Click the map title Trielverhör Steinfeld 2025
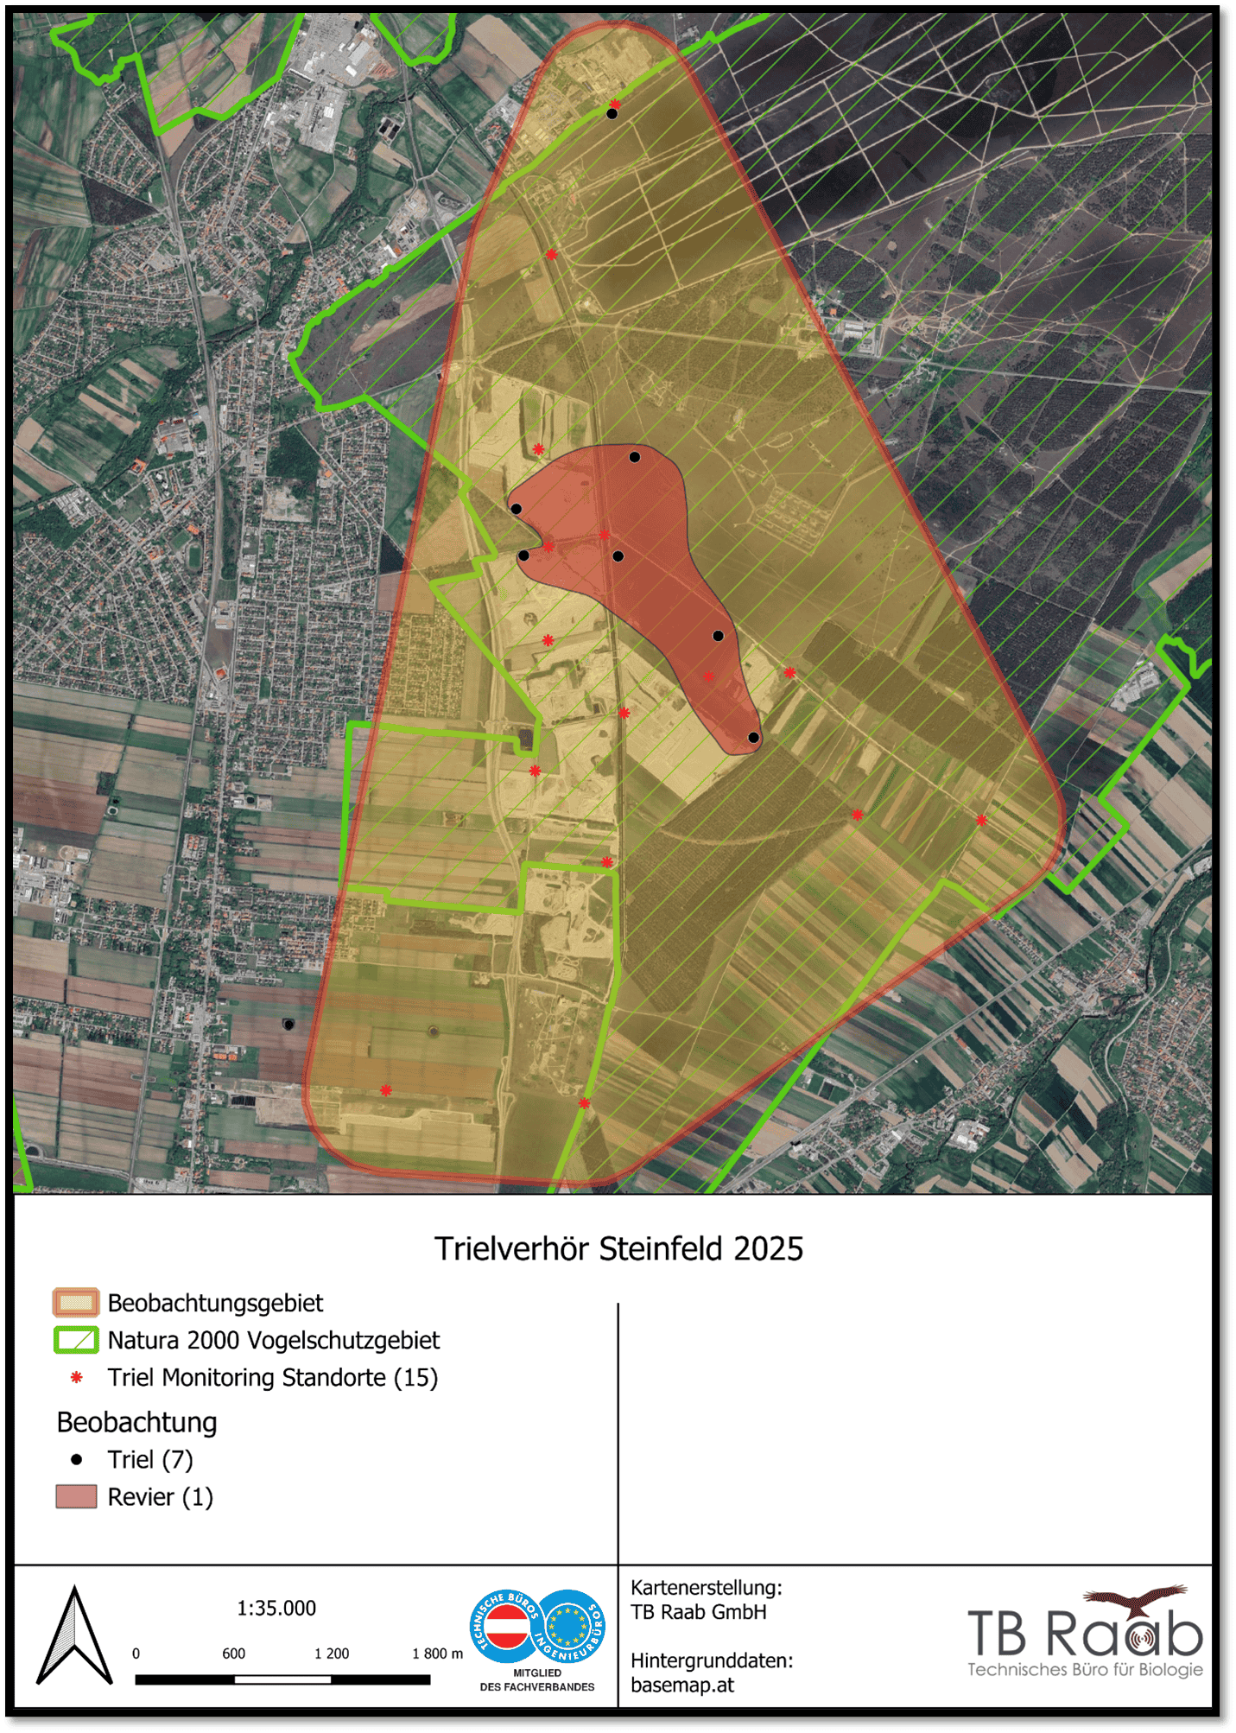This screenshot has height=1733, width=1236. tap(618, 1249)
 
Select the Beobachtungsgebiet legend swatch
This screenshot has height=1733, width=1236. tap(76, 1303)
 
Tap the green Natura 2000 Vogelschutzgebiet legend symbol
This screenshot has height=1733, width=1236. tap(76, 1340)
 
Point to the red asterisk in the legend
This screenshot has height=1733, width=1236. tap(77, 1378)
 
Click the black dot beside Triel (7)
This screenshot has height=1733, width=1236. tap(77, 1460)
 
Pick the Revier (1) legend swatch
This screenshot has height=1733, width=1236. tap(76, 1497)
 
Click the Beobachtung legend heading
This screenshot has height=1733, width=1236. tap(136, 1423)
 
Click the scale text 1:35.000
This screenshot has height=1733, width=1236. tap(276, 1609)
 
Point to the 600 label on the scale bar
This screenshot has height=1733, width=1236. tap(233, 1654)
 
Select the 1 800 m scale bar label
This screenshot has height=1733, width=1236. tap(437, 1654)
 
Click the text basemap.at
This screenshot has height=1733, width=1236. tap(682, 1685)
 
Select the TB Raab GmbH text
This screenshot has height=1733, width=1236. tap(698, 1612)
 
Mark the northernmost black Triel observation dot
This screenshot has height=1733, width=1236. tap(612, 113)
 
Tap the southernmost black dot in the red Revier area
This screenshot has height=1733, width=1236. tap(753, 738)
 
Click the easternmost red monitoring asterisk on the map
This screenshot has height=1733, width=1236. tap(981, 821)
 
